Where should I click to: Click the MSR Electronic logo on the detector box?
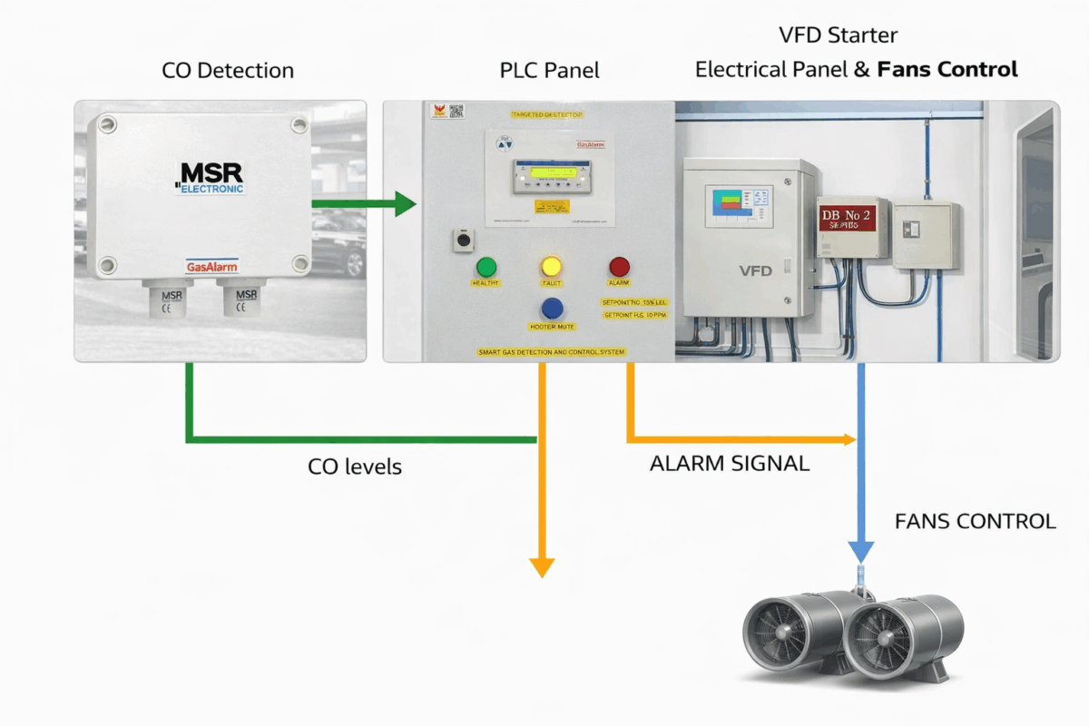click(209, 177)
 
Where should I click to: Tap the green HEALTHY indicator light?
click(486, 267)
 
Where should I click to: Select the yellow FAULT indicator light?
click(551, 267)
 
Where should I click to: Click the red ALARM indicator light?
click(619, 267)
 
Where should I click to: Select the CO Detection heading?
click(228, 70)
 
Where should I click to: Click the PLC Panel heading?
click(549, 70)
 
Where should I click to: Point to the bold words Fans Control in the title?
click(947, 69)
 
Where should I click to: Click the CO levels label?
click(355, 467)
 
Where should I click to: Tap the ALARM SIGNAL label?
click(730, 464)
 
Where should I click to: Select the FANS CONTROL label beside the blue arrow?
click(975, 522)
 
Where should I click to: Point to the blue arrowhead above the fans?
click(860, 551)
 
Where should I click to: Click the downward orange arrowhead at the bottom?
click(542, 567)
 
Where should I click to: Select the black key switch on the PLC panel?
click(464, 240)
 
